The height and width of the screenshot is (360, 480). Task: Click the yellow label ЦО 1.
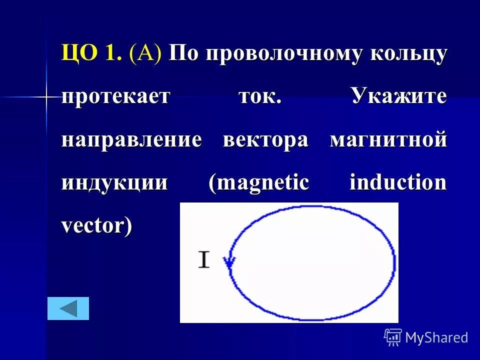click(x=91, y=53)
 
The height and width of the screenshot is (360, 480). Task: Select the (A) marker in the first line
click(x=145, y=53)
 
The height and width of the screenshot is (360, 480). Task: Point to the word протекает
click(x=115, y=96)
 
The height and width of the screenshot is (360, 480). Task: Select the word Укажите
click(x=398, y=95)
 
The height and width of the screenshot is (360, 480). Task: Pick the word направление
click(x=132, y=139)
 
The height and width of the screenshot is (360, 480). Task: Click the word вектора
click(x=265, y=139)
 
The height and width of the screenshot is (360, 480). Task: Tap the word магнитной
click(x=388, y=139)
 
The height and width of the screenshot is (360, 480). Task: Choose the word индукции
click(x=114, y=182)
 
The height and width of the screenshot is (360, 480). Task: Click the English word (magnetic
click(x=259, y=182)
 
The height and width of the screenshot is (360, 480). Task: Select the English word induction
click(x=397, y=182)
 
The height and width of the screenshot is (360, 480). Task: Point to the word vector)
click(x=97, y=226)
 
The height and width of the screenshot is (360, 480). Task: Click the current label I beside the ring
click(x=204, y=260)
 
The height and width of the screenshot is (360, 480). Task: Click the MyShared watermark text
click(x=436, y=337)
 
